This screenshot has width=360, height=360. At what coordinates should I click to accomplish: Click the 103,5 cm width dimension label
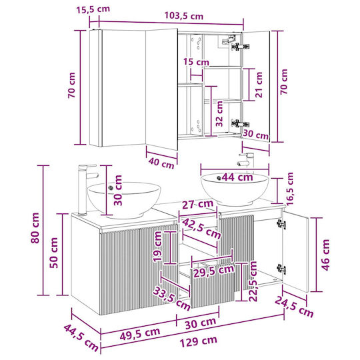184,16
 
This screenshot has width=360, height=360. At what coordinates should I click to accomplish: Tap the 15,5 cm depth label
93,9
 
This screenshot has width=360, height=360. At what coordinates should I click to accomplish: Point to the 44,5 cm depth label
81,338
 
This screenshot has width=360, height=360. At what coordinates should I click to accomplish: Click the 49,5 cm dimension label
140,333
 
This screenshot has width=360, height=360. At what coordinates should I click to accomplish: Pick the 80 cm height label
35,228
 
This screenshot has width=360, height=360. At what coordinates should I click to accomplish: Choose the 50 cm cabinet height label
54,253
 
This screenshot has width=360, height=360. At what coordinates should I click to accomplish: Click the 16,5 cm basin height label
290,189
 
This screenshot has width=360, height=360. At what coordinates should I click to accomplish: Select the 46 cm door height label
325,255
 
